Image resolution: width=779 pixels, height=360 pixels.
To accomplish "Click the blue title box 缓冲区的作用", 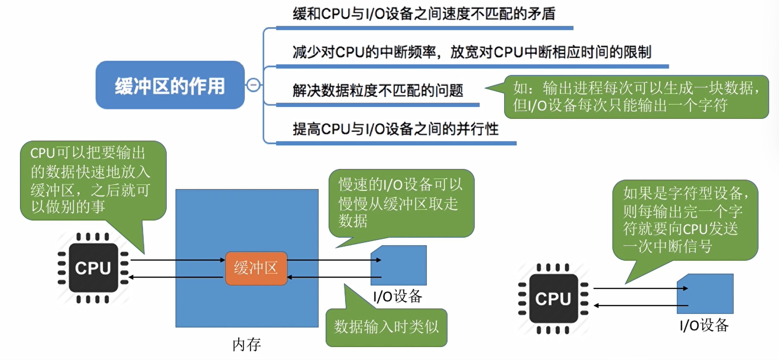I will (x=170, y=85).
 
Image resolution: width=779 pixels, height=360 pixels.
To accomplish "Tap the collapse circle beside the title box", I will (x=253, y=85).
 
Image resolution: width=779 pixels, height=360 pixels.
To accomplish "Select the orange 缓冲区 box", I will (x=256, y=268).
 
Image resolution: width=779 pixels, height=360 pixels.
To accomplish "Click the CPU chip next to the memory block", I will (x=93, y=268).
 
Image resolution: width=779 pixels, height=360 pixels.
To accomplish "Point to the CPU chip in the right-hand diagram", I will (x=553, y=299).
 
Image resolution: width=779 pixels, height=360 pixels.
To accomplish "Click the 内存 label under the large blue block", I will (x=247, y=344).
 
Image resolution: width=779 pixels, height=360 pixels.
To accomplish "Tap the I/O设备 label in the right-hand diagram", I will (x=704, y=325).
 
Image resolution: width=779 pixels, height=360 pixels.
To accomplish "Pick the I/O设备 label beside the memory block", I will (x=398, y=296).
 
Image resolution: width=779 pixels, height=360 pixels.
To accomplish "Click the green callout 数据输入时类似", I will (x=386, y=327).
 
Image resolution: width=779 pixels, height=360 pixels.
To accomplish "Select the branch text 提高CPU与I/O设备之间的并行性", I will (x=395, y=129).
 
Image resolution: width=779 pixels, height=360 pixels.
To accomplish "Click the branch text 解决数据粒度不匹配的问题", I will (x=378, y=90).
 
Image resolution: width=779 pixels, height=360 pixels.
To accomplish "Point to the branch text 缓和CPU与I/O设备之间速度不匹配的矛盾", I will (x=424, y=14).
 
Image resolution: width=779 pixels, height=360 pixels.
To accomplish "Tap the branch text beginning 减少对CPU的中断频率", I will (x=472, y=52).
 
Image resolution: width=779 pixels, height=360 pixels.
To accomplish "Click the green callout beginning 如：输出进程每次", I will (x=636, y=97).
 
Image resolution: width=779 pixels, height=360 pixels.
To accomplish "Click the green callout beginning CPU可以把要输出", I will (x=93, y=180).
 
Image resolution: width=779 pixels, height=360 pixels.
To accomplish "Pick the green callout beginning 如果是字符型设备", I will (x=685, y=220).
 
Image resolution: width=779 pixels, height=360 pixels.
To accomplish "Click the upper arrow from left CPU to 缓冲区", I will (x=177, y=260).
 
